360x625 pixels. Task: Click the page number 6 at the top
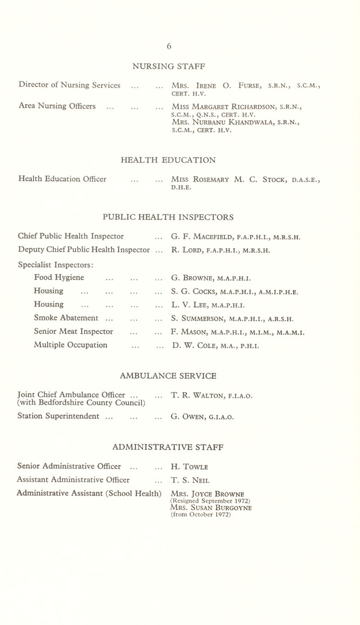coord(180,45)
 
